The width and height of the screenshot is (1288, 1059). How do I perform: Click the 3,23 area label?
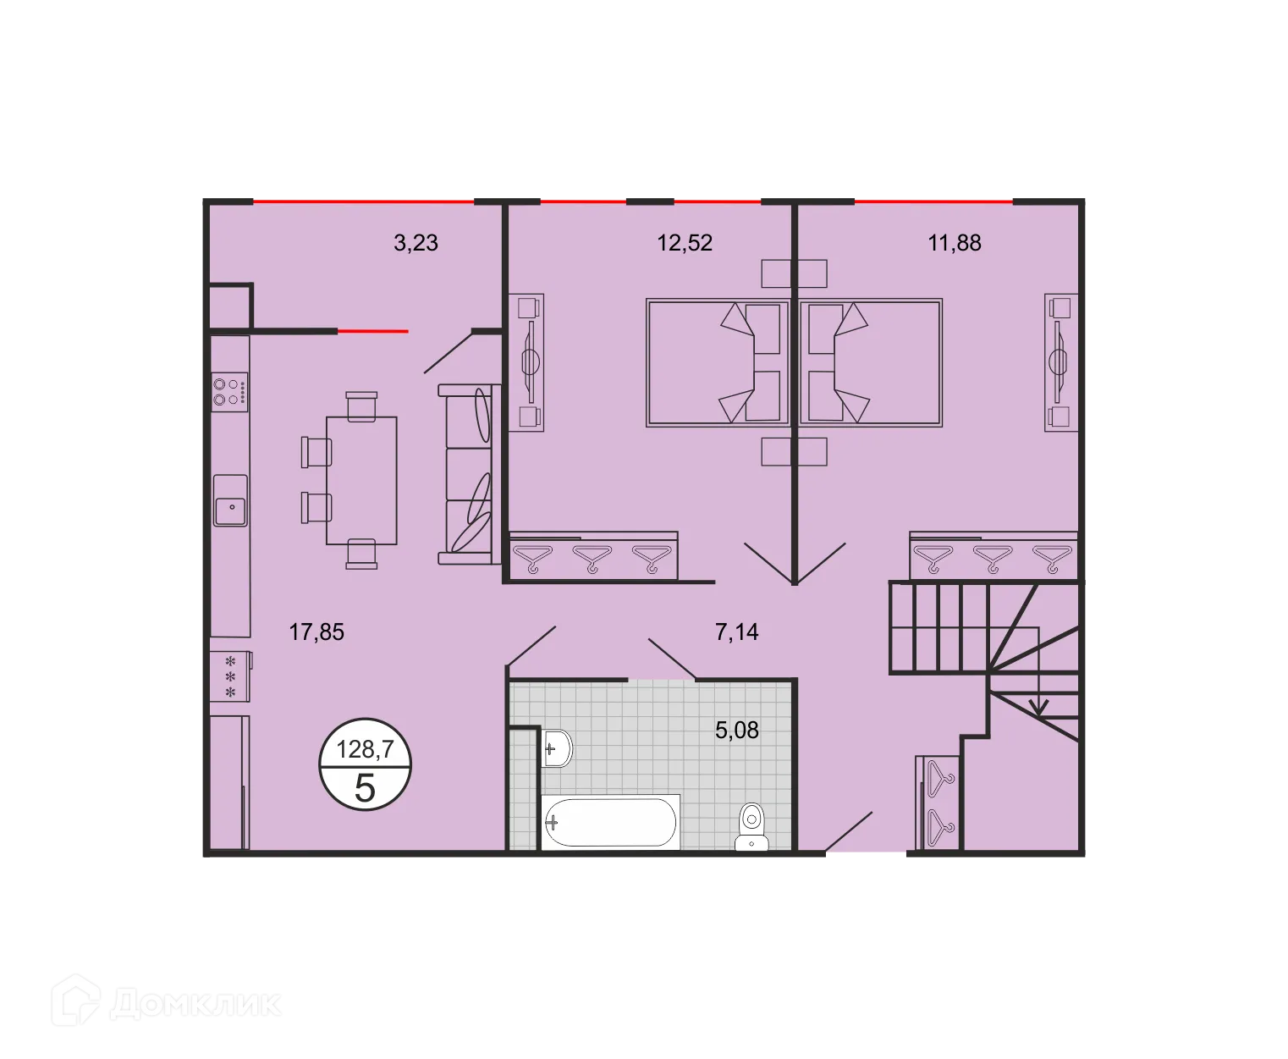(416, 243)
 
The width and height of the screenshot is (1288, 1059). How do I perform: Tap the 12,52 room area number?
(685, 243)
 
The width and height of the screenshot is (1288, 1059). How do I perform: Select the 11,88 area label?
(954, 243)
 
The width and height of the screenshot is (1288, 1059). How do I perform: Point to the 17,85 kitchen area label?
(316, 632)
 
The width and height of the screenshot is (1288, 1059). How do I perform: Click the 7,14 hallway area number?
(736, 632)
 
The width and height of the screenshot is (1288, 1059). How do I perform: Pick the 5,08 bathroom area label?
(736, 730)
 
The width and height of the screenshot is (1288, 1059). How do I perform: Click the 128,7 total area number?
(365, 749)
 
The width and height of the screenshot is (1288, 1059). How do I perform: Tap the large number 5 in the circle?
(365, 788)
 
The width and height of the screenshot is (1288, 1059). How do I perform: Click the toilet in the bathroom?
(751, 826)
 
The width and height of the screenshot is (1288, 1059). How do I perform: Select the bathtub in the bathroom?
(610, 821)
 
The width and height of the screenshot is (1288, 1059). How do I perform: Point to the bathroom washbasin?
(556, 748)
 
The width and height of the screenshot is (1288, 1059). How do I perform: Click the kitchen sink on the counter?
(229, 508)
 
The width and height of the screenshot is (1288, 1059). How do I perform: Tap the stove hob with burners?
(229, 391)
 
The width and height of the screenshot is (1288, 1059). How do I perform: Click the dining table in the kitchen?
(361, 480)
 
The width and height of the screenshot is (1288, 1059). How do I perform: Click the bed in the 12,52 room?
(718, 361)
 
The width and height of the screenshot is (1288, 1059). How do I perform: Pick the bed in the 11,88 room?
(871, 361)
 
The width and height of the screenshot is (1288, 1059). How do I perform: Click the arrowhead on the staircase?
(1038, 706)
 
